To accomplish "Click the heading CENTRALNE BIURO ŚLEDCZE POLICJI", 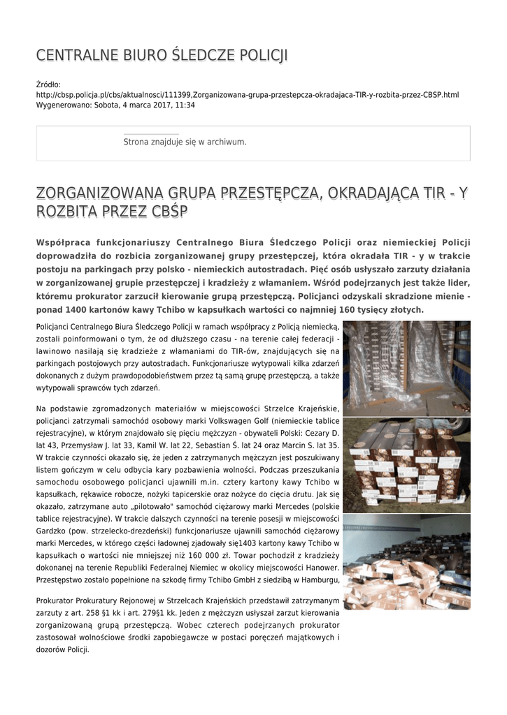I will pos(162,56).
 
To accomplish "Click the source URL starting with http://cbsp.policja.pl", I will pos(248,94).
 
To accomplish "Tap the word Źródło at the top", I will pos(48,84).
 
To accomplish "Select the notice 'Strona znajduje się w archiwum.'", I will pos(185,142).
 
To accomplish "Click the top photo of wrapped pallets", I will pos(406,368).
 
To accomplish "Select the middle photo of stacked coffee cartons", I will pos(406,465).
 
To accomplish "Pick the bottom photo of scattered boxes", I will pos(406,561).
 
